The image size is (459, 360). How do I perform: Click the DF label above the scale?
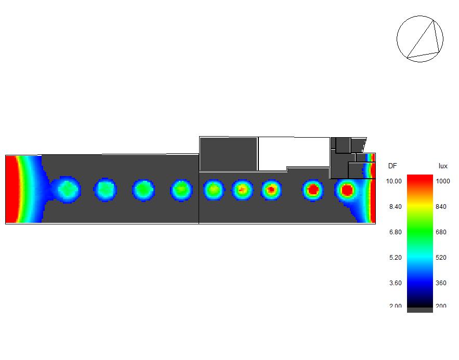(x=392, y=166)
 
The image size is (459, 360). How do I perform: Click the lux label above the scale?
(x=443, y=166)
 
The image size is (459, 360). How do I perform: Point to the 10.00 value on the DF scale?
(x=394, y=181)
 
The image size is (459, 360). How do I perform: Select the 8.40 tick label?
(x=396, y=207)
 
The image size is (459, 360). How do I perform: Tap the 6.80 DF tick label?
(x=396, y=232)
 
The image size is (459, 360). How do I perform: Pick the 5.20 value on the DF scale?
(x=396, y=258)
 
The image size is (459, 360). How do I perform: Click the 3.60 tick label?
(x=396, y=283)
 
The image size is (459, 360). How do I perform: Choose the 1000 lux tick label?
(x=442, y=181)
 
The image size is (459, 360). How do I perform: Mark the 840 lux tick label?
(x=441, y=207)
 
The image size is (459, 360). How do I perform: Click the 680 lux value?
(x=441, y=232)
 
